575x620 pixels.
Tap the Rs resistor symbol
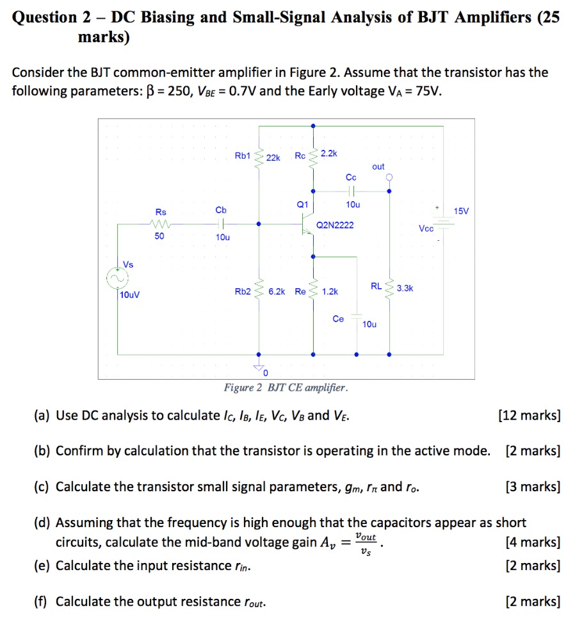click(x=159, y=224)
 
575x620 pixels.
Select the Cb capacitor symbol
click(x=222, y=224)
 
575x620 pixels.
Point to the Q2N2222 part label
click(x=335, y=225)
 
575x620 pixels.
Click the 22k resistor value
click(x=273, y=158)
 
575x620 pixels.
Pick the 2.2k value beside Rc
click(x=328, y=154)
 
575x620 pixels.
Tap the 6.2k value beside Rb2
click(x=277, y=291)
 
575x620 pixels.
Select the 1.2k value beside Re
click(x=330, y=291)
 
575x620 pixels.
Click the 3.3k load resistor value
click(x=405, y=288)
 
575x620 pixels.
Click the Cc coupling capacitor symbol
click(x=351, y=190)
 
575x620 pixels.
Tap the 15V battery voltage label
click(x=461, y=211)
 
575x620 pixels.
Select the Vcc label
click(x=426, y=229)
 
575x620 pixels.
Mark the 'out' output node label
click(x=378, y=167)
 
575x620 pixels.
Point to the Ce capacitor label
click(x=338, y=318)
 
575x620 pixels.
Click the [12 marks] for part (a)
click(x=529, y=416)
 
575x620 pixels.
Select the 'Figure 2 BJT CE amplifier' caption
click(x=286, y=388)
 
